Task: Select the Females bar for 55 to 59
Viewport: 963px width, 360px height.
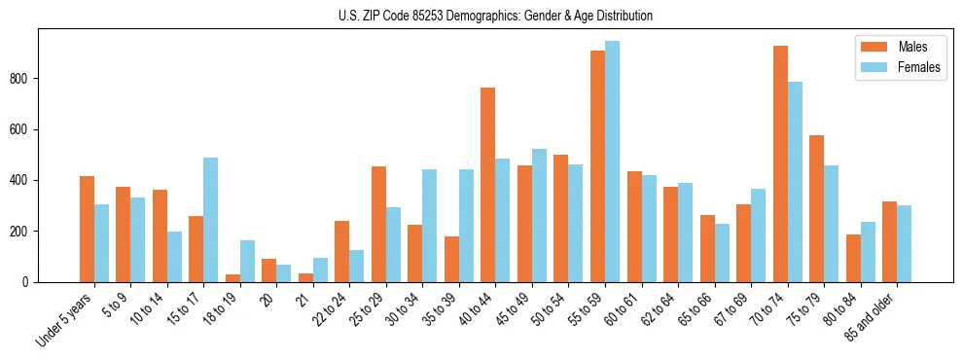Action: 612,162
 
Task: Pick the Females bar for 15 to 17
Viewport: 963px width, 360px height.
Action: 211,220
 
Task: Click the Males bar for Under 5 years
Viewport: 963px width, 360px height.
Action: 88,229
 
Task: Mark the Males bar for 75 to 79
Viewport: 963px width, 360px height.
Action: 817,208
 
